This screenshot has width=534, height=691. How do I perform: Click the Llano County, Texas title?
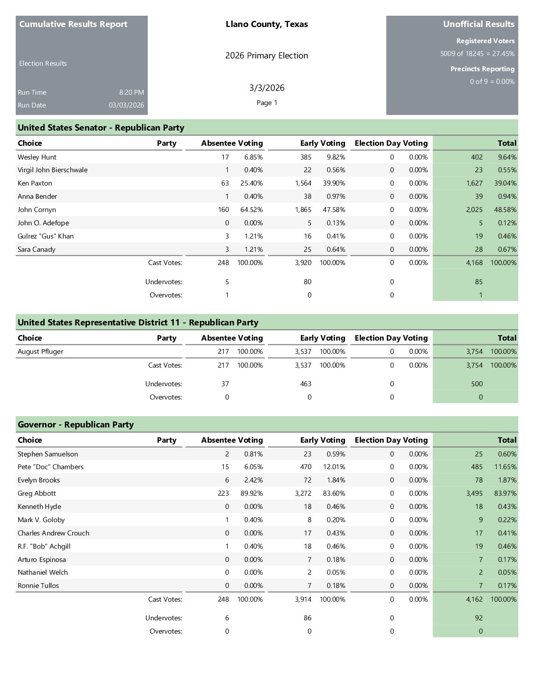click(x=267, y=24)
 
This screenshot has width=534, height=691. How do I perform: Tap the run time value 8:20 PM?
click(x=132, y=92)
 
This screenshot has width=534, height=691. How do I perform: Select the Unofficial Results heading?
click(x=479, y=24)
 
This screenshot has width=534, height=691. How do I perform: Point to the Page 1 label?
click(x=267, y=103)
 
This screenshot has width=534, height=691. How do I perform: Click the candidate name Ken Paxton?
click(x=35, y=183)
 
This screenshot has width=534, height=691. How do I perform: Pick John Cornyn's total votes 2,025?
click(x=474, y=210)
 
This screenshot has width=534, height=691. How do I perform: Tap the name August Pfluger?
click(x=40, y=351)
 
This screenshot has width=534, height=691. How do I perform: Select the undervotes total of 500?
click(x=477, y=384)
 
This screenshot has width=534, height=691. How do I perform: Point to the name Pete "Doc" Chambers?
click(x=51, y=467)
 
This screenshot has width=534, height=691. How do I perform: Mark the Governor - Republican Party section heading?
click(x=76, y=425)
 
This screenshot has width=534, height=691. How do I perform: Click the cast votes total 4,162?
click(x=474, y=599)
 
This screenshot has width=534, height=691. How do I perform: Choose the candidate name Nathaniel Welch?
click(x=43, y=572)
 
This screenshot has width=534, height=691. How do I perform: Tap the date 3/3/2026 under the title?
click(x=267, y=88)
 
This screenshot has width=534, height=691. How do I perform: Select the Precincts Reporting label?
click(x=482, y=69)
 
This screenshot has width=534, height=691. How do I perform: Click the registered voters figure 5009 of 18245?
click(x=461, y=53)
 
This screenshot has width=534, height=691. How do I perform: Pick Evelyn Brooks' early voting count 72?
click(x=307, y=480)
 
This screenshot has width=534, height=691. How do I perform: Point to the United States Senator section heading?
click(x=101, y=128)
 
